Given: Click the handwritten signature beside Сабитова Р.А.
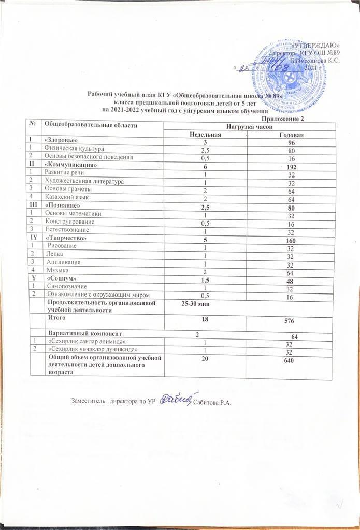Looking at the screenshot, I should (175, 398).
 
